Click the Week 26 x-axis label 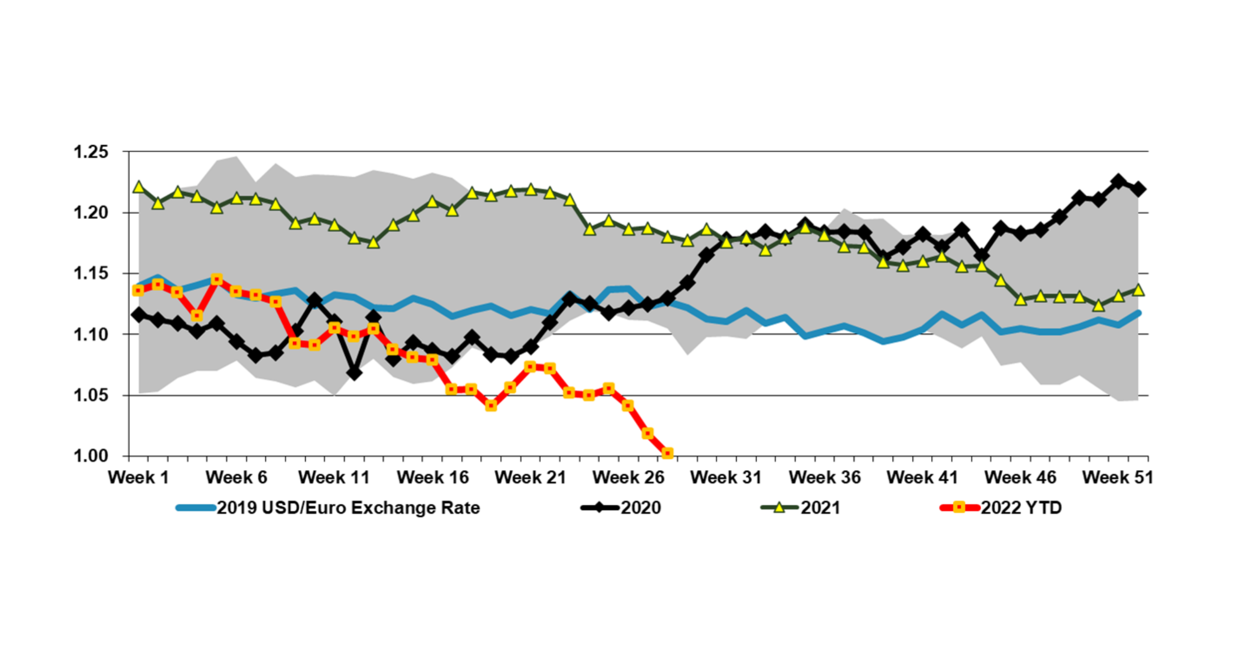pyautogui.click(x=628, y=477)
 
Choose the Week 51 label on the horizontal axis pyautogui.click(x=1117, y=477)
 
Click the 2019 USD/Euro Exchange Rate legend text pyautogui.click(x=348, y=508)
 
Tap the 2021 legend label pyautogui.click(x=821, y=508)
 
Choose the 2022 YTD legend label pyautogui.click(x=1021, y=508)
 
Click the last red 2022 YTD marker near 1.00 pyautogui.click(x=667, y=453)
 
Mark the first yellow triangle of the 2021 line pyautogui.click(x=139, y=187)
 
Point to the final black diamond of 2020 pyautogui.click(x=1138, y=189)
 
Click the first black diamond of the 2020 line pyautogui.click(x=139, y=315)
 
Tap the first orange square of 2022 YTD pyautogui.click(x=138, y=290)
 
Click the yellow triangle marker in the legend pyautogui.click(x=779, y=508)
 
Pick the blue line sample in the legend pyautogui.click(x=195, y=508)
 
